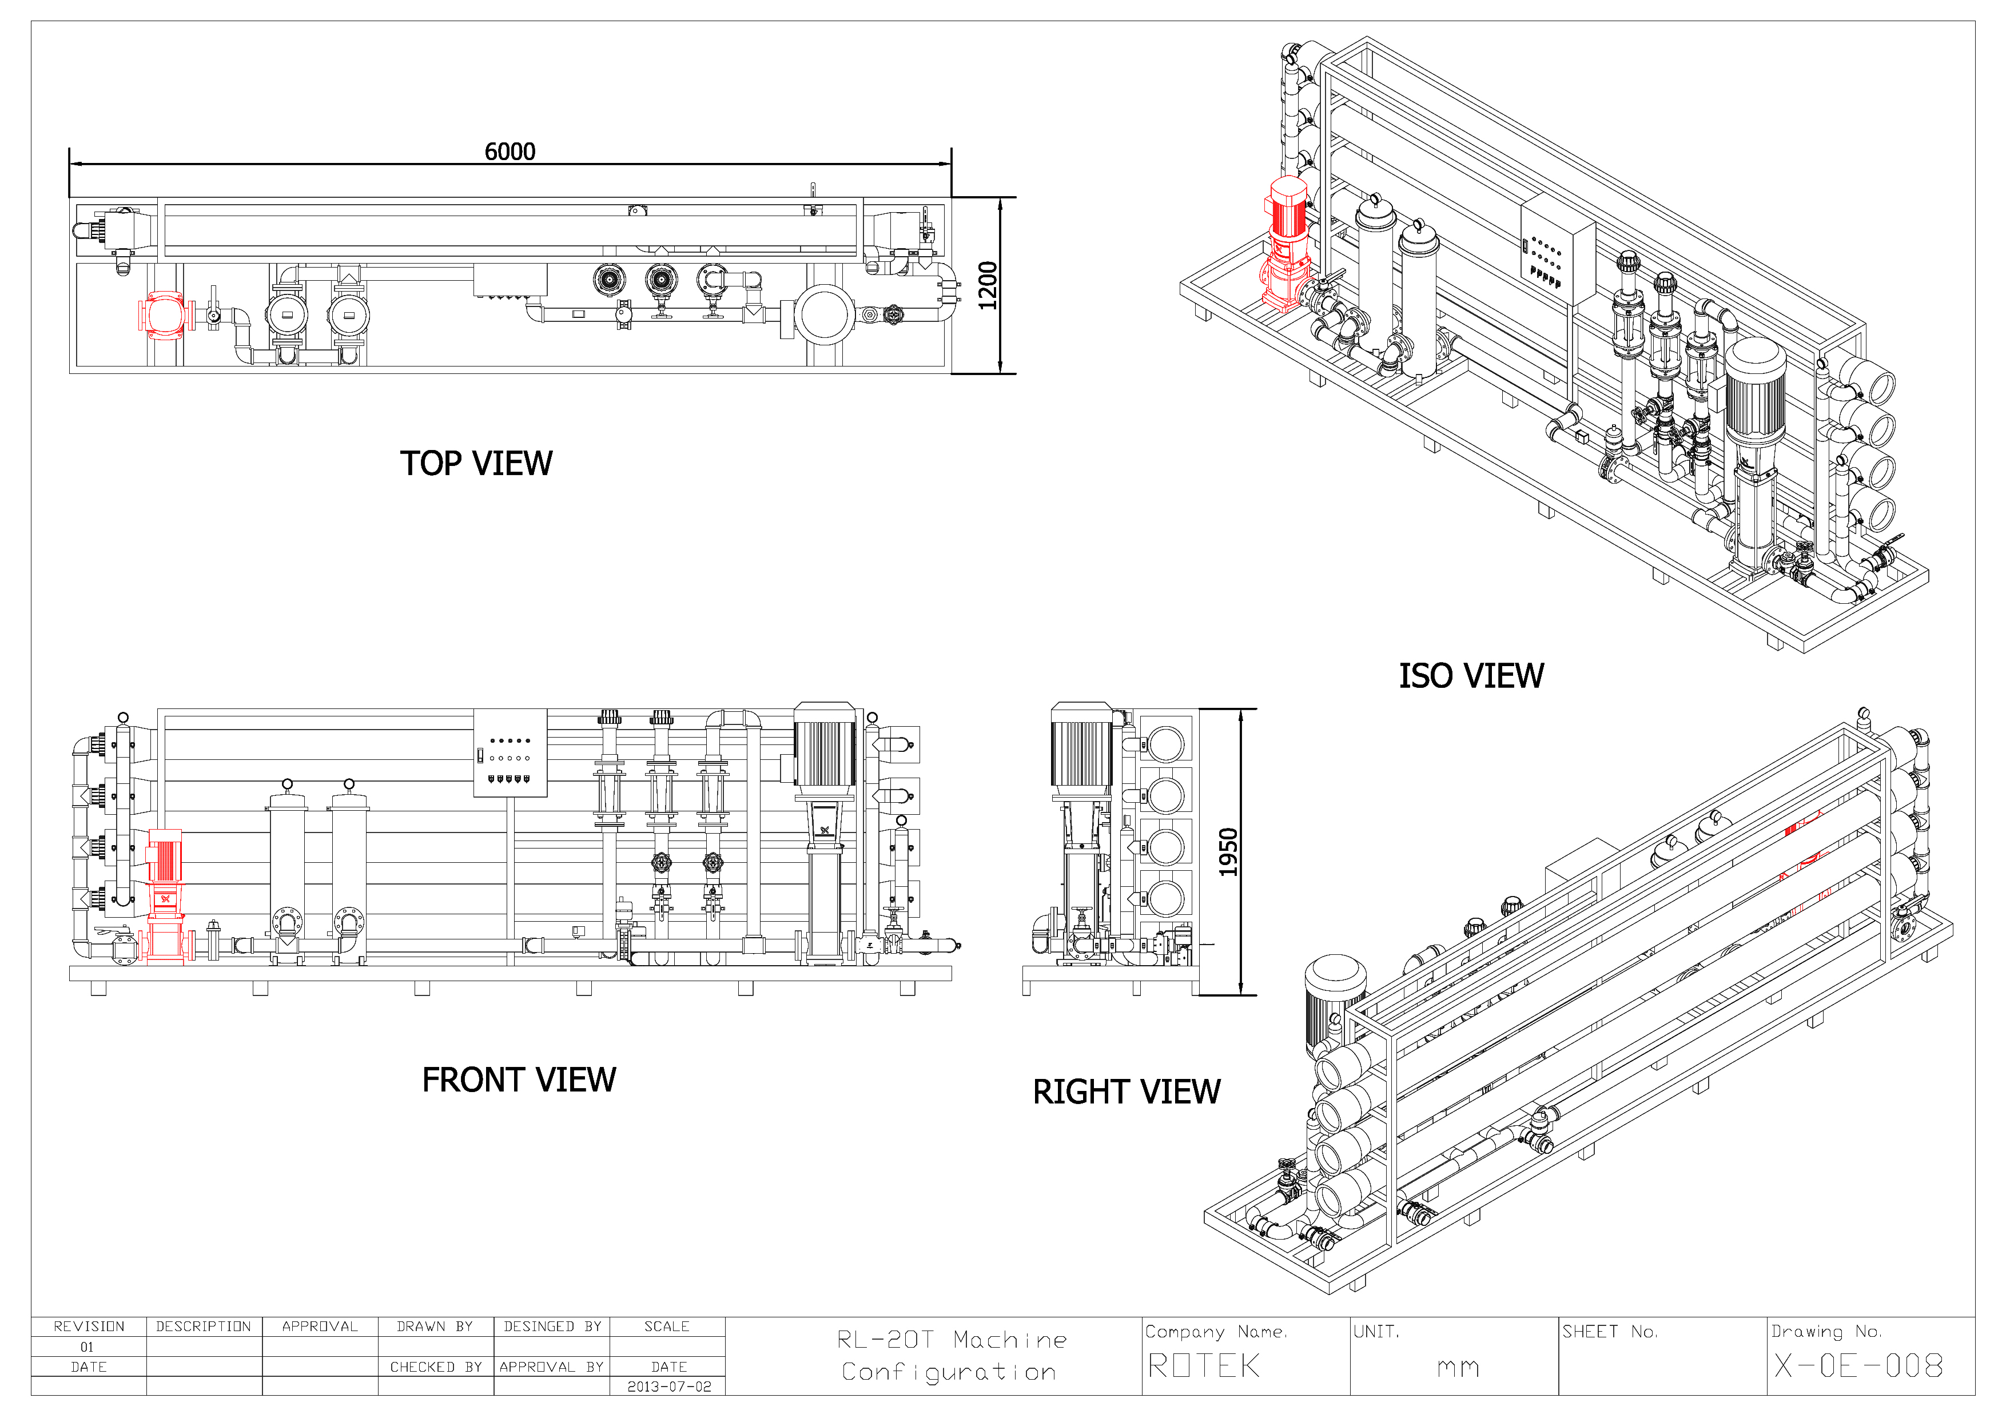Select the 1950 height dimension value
coord(1229,852)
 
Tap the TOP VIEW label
coord(476,463)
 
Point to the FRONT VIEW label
coord(519,1080)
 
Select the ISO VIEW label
coord(1471,675)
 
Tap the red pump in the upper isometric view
coord(1285,245)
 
